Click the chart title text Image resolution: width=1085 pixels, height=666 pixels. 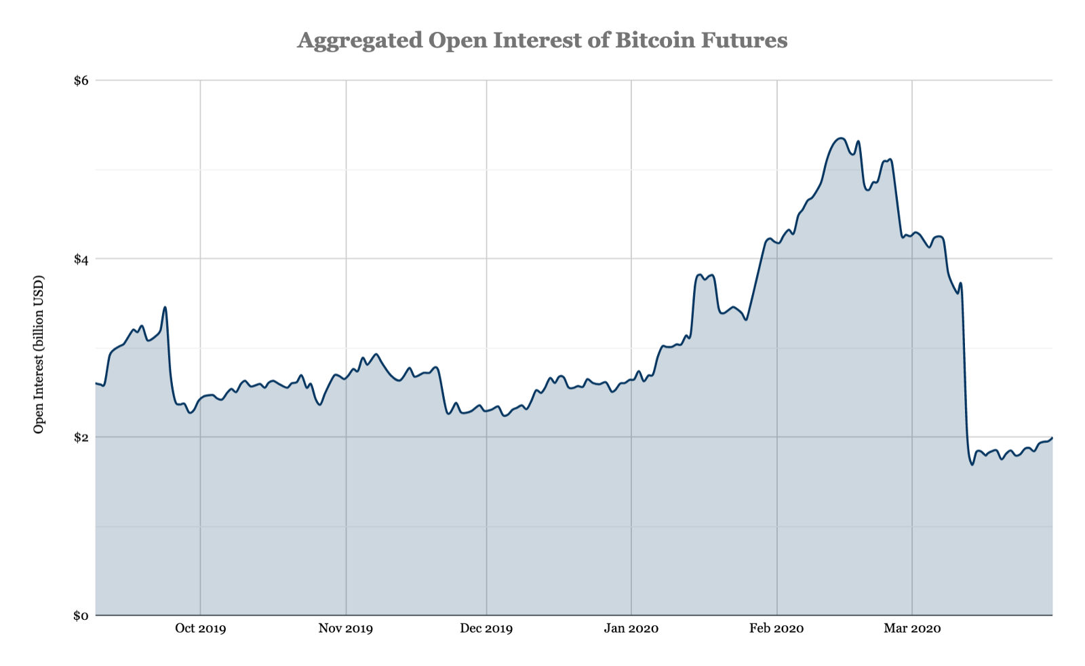542,41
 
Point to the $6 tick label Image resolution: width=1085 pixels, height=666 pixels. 81,81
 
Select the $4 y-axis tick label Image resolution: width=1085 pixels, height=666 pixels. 81,259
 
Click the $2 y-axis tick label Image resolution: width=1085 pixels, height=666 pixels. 81,437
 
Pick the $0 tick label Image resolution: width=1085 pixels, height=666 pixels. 81,616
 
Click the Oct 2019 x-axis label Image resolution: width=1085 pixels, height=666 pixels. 200,628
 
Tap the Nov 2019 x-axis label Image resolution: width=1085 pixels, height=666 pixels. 346,628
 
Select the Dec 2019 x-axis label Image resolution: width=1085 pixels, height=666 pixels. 486,628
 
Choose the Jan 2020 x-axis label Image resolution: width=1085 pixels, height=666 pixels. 631,628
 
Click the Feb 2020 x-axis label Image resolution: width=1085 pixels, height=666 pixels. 776,628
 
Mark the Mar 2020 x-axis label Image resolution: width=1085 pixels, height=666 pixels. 912,628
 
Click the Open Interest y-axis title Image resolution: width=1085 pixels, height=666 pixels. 39,354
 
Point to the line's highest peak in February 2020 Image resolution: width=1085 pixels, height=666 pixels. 841,138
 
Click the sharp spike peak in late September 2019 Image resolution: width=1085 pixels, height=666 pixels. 165,307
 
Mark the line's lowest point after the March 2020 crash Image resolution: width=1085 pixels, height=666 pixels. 972,465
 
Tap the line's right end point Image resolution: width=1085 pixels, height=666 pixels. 1052,438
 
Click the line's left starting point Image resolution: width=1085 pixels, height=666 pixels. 96,384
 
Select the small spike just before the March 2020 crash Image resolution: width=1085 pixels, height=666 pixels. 961,283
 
